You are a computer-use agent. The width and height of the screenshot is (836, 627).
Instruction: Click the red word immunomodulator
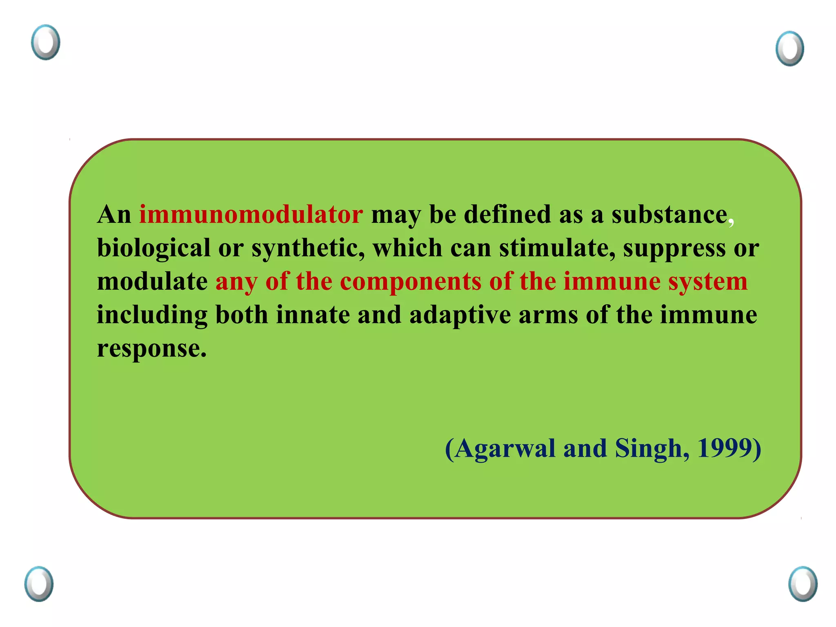[x=251, y=215]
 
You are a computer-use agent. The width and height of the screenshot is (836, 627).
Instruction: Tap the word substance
[x=669, y=215]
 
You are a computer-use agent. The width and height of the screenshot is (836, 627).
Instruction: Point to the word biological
[x=153, y=249]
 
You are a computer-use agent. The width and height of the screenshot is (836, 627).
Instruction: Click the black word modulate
[x=152, y=282]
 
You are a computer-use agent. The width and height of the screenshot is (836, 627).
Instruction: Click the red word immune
[x=612, y=282]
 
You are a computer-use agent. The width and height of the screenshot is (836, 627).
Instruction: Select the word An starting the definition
[x=114, y=215]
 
